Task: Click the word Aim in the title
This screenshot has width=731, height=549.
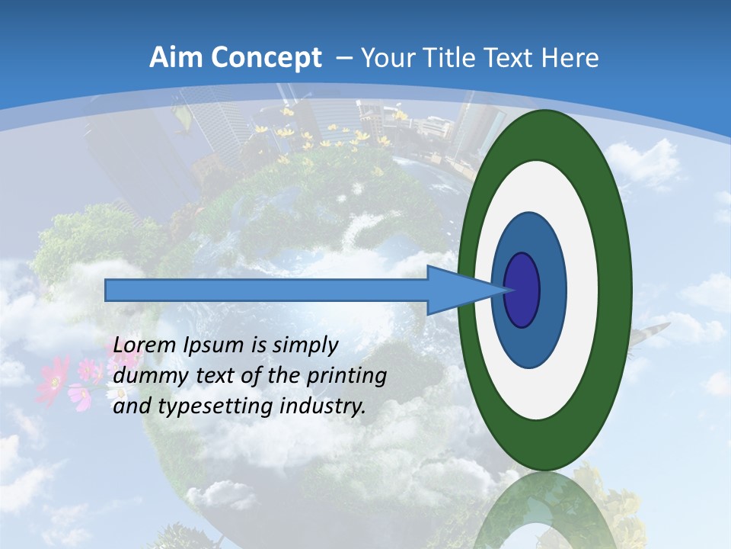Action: (x=174, y=58)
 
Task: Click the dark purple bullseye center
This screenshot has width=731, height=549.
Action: (x=522, y=290)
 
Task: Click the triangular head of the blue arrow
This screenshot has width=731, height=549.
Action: (x=457, y=290)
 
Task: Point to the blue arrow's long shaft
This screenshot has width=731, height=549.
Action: (x=267, y=290)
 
